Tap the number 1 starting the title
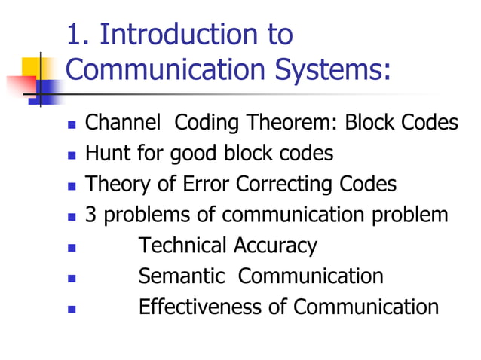[74, 35]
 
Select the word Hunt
[103, 154]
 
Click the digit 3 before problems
[90, 215]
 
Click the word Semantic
[182, 276]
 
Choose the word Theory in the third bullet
[112, 185]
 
